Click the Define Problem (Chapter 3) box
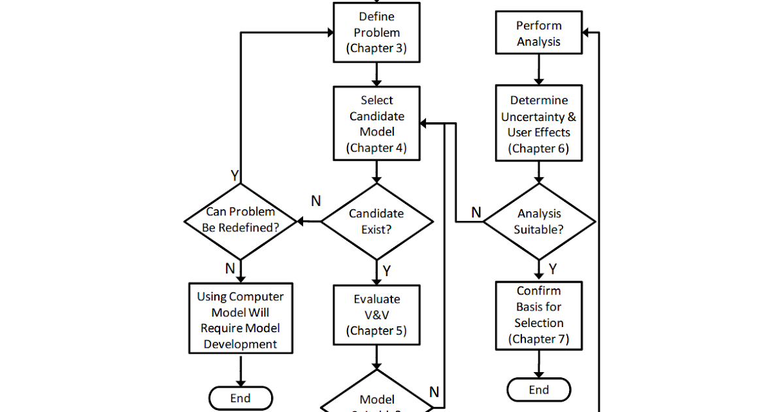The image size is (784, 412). tap(376, 33)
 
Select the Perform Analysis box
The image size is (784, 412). tap(538, 33)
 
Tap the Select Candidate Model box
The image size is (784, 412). tap(376, 124)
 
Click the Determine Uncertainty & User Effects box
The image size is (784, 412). tap(538, 124)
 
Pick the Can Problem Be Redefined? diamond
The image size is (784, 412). tap(240, 221)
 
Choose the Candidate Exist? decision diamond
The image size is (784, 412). tap(376, 221)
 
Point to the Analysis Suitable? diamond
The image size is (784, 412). tap(539, 221)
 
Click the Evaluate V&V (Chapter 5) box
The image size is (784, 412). tap(376, 315)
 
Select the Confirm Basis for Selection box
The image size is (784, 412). tap(538, 315)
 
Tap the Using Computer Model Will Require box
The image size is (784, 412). tap(240, 320)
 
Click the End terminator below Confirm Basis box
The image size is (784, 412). tap(538, 390)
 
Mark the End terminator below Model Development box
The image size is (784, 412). tap(240, 398)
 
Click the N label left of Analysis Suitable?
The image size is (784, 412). tap(476, 212)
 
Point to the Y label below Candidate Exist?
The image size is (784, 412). tap(387, 270)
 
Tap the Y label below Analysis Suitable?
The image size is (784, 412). tap(553, 269)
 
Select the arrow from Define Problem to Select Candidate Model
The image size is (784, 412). tap(376, 75)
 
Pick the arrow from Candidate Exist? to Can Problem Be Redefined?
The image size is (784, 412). tap(309, 221)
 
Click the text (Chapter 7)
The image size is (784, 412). tap(538, 339)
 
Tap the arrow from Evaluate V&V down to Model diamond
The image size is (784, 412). tap(376, 358)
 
